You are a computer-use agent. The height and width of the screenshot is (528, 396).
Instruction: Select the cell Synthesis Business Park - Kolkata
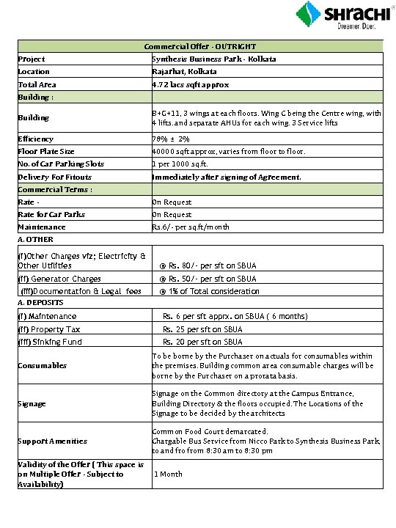tap(204, 59)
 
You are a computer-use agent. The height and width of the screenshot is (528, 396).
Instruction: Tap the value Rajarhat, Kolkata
tap(184, 71)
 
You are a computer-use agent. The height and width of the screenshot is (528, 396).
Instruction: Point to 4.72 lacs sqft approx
tap(191, 84)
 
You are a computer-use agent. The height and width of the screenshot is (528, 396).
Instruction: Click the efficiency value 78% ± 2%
tap(170, 139)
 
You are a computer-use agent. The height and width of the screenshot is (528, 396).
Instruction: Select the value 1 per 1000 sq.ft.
tap(182, 164)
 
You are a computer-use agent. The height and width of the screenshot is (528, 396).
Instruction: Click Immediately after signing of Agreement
tap(227, 177)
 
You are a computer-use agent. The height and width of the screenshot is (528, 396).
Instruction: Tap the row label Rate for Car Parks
tap(51, 214)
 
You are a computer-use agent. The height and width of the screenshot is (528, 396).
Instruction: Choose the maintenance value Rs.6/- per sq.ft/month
tap(191, 227)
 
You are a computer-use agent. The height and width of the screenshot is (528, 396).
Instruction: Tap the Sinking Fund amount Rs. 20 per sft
tap(202, 342)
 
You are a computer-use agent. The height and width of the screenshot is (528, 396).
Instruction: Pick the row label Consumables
tap(43, 365)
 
